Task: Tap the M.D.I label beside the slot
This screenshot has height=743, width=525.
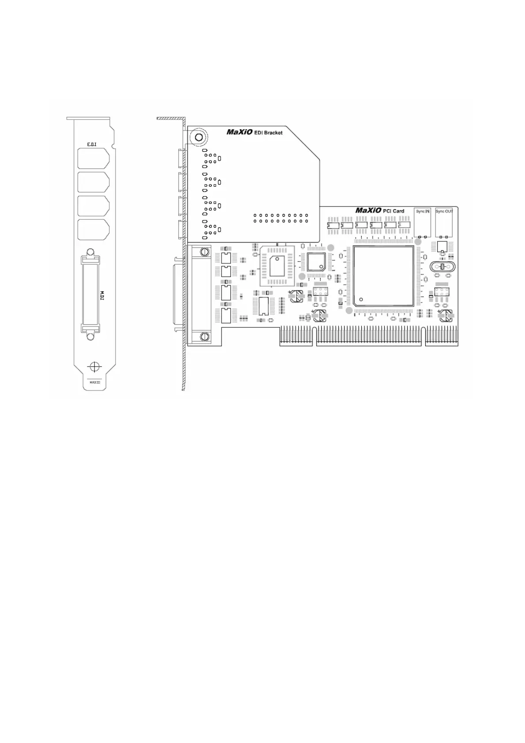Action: point(101,295)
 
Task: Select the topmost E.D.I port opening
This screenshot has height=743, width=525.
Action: point(93,158)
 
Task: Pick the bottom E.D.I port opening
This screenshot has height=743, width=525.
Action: point(93,229)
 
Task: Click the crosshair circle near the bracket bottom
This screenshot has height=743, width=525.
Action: point(94,367)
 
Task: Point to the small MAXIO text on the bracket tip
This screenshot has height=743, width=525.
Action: point(94,383)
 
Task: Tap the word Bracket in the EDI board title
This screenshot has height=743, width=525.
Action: point(273,132)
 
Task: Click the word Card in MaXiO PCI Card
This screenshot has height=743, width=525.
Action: point(398,211)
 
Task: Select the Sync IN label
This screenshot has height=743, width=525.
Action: point(423,211)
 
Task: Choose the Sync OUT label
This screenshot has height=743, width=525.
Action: point(444,211)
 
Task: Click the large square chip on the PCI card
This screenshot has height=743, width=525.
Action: point(383,277)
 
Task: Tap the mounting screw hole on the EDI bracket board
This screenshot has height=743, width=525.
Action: point(199,137)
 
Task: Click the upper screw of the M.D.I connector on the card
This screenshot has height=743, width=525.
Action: point(204,252)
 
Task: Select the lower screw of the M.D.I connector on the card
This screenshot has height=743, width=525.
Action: point(204,337)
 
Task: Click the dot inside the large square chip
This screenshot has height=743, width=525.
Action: point(361,299)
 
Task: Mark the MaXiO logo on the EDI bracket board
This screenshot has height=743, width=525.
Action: point(240,131)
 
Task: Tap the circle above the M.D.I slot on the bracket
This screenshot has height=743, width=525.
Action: point(90,252)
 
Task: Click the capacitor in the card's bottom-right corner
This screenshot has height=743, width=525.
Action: point(446,315)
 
